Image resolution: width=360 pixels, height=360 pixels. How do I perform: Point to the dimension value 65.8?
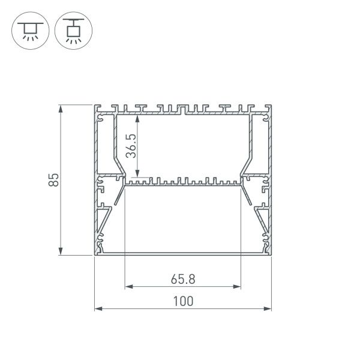pos(183,278)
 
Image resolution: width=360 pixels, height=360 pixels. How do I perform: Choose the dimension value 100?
pos(183,301)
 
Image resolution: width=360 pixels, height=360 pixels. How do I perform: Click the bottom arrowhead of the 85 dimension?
pos(61,252)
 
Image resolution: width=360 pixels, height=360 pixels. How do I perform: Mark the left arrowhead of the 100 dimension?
pos(98,309)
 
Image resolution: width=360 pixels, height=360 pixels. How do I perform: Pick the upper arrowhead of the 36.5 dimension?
pos(139,117)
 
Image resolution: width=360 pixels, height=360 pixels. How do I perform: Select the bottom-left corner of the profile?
pos(95,255)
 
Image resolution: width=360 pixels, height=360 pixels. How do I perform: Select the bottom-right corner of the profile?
pos(271,255)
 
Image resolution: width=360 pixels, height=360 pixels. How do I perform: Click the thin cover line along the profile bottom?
pos(183,253)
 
